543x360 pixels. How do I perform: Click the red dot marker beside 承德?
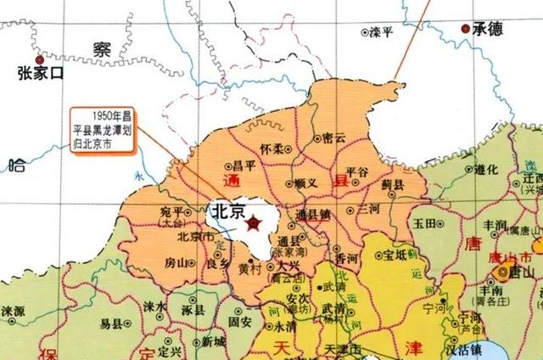(466, 29)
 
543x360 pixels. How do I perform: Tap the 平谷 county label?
(357, 172)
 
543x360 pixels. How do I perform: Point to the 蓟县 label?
(393, 183)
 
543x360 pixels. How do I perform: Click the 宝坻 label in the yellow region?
(395, 253)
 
